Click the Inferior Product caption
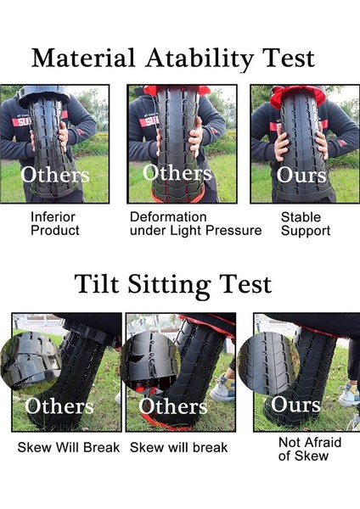tap(55, 223)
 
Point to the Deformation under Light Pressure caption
tap(195, 223)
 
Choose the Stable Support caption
tap(306, 223)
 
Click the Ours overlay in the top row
tap(301, 175)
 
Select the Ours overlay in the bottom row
tap(295, 404)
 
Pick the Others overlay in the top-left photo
tap(55, 175)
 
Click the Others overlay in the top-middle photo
tap(177, 172)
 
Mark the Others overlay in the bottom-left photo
tap(60, 406)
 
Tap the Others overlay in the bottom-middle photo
tap(173, 406)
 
